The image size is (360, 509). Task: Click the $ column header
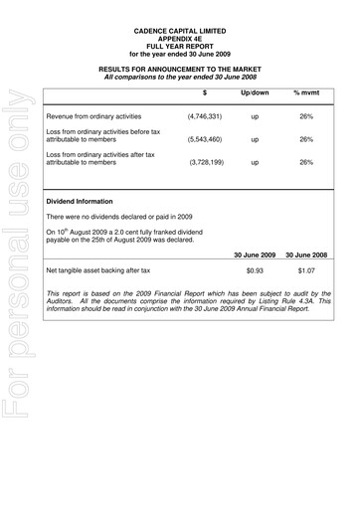[x=204, y=91]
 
